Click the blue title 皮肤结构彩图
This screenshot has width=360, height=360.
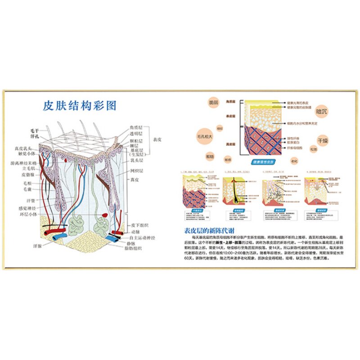coord(80,106)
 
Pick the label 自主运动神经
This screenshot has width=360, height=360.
coord(142,237)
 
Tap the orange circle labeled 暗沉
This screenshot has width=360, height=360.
coord(321,109)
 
